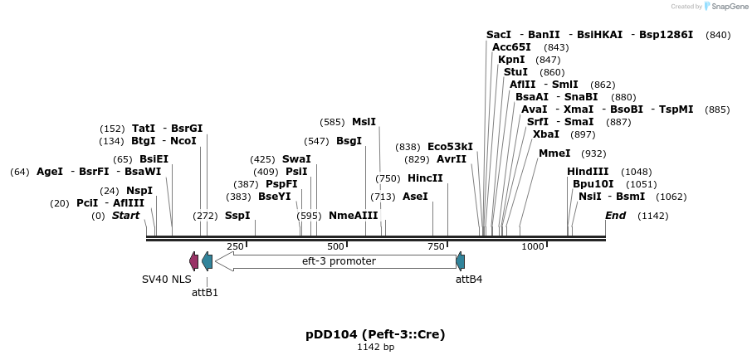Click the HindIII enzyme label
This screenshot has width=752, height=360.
coord(588,172)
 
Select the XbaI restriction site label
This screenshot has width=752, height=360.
coord(546,134)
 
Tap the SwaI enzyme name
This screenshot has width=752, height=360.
coord(296,159)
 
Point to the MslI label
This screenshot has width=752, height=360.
coord(364,122)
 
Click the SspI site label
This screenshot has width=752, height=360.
coord(237,216)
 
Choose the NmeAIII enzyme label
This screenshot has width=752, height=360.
coord(353,216)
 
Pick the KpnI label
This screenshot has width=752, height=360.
coord(511,60)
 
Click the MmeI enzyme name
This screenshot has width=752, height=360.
coord(554,153)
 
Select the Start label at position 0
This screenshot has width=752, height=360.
coord(126,216)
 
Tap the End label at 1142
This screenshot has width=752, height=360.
coord(615,216)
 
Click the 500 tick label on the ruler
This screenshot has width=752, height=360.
coord(335,246)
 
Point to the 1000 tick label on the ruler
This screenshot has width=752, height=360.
coord(533,246)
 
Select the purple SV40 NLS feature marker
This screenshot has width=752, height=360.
coord(194,261)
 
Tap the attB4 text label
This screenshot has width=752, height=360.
coord(469,280)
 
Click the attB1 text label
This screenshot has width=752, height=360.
coord(205,292)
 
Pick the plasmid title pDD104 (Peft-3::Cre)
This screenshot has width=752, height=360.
coord(375,334)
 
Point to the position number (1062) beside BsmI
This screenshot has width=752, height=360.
coord(671,197)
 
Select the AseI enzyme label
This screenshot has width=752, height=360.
coord(415,197)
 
